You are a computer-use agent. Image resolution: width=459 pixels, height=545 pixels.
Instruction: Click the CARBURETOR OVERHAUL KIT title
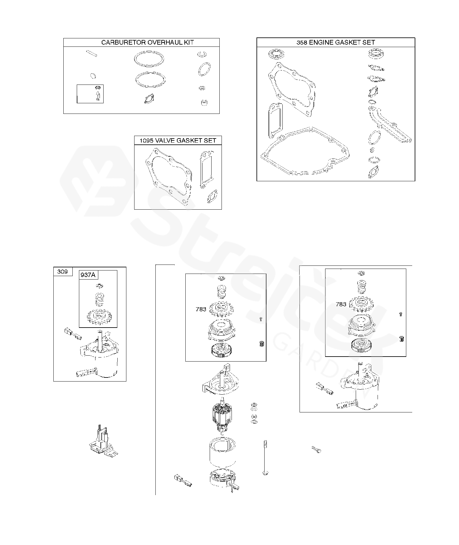pyautogui.click(x=148, y=42)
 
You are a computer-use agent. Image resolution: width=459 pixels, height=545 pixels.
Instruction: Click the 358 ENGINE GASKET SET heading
pyautogui.click(x=336, y=42)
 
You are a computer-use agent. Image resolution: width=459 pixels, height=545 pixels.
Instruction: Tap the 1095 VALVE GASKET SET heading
pyautogui.click(x=178, y=140)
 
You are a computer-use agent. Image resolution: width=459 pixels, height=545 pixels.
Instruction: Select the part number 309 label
pyautogui.click(x=62, y=271)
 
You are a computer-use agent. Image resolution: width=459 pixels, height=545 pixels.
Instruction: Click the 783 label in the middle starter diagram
pyautogui.click(x=201, y=309)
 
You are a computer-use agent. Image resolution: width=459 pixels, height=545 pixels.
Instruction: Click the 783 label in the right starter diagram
pyautogui.click(x=341, y=304)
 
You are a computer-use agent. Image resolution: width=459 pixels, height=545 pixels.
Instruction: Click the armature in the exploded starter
pyautogui.click(x=222, y=413)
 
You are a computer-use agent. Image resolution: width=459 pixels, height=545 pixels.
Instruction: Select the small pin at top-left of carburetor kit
pyautogui.click(x=91, y=53)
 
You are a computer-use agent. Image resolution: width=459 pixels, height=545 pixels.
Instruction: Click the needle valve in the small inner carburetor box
pyautogui.click(x=98, y=96)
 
